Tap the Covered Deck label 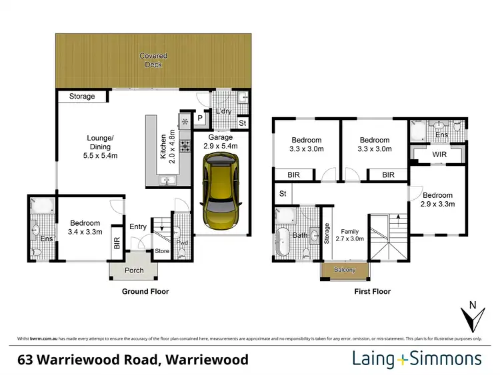pyautogui.click(x=153, y=60)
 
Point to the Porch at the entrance pyautogui.click(x=135, y=271)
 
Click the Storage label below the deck pyautogui.click(x=83, y=97)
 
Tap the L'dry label pyautogui.click(x=223, y=111)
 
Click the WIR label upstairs pyautogui.click(x=439, y=155)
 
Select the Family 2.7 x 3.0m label pyautogui.click(x=349, y=234)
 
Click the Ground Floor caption pyautogui.click(x=145, y=291)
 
